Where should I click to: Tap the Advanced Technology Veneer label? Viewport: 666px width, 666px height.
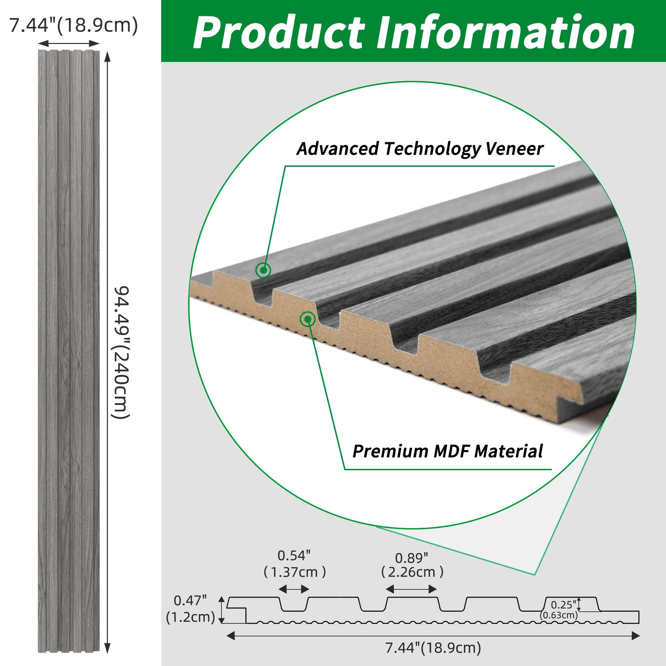pos(420,149)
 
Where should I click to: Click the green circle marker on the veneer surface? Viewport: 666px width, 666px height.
pos(263,270)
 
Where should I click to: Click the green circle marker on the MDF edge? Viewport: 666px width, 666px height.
pos(307,319)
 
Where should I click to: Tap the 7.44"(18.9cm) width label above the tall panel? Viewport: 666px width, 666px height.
pos(73,26)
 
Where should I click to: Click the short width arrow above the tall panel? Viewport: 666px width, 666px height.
pos(68,43)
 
